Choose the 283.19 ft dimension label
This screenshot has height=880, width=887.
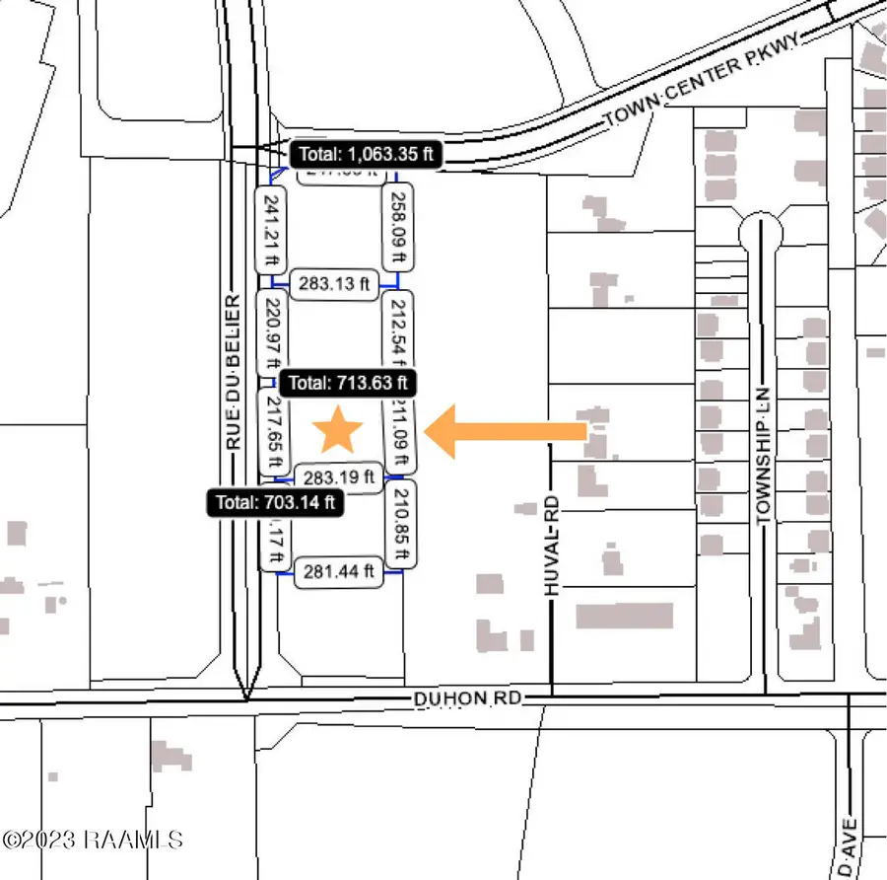pos(339,477)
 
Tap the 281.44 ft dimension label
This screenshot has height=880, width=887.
pos(338,570)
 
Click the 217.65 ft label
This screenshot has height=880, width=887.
pos(273,433)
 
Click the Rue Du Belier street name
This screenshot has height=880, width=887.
pos(235,373)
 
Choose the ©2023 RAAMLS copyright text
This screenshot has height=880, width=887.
pos(93,840)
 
